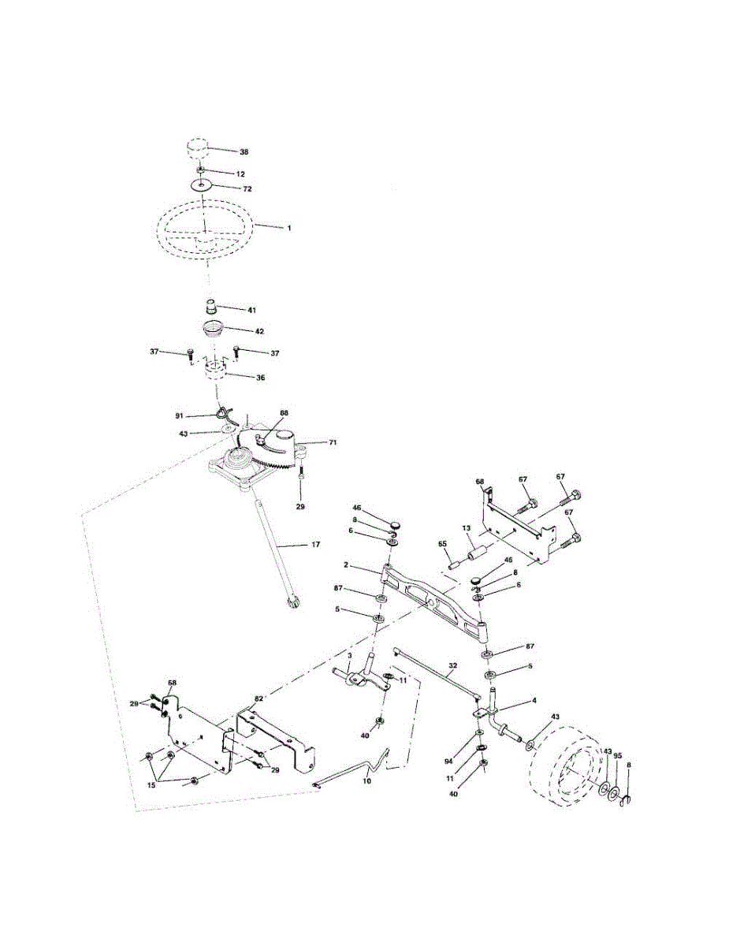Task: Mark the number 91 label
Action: click(x=180, y=414)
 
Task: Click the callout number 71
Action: click(x=332, y=443)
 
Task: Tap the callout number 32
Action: click(x=452, y=665)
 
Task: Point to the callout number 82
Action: click(x=258, y=699)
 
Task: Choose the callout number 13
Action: click(x=466, y=527)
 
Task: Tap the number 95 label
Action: click(x=617, y=755)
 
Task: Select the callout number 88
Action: click(x=284, y=413)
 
